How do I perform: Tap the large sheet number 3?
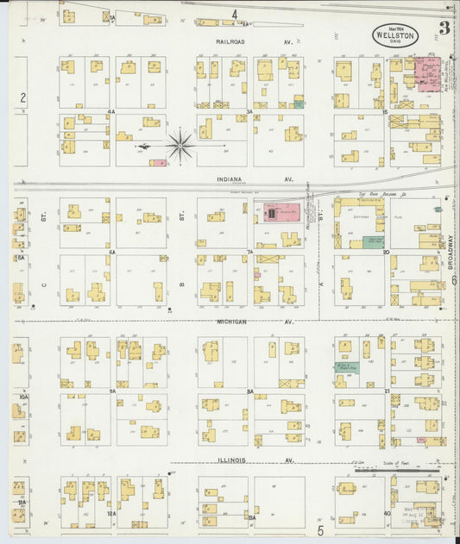click(x=443, y=28)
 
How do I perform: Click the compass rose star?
click(x=180, y=145)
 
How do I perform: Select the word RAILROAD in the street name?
click(x=234, y=41)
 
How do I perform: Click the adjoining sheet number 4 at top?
click(x=234, y=15)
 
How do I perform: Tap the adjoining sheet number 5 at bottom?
click(x=318, y=528)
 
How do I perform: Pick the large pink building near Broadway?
click(x=426, y=73)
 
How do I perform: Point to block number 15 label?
click(x=384, y=112)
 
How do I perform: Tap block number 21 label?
click(x=388, y=391)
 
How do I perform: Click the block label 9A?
click(x=112, y=391)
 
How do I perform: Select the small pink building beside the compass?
click(x=157, y=162)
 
